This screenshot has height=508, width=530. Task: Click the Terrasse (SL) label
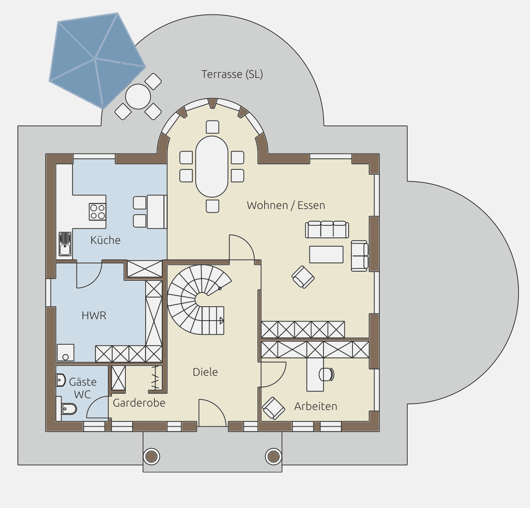tap(232, 74)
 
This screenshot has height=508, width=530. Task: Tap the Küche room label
tap(105, 240)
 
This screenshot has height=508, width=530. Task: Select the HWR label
tap(94, 315)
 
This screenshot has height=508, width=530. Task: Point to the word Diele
tap(205, 372)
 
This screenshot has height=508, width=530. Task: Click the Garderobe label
tap(139, 403)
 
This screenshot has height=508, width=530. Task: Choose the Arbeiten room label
tap(316, 406)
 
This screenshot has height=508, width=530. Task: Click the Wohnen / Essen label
tap(286, 205)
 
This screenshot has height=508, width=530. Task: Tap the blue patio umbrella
tap(97, 60)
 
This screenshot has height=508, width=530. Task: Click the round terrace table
tap(138, 97)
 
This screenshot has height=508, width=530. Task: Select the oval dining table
tap(212, 167)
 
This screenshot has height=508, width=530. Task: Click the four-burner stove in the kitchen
tap(97, 212)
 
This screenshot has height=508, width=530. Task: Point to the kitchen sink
tap(65, 244)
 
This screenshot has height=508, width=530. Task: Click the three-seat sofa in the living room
tap(327, 229)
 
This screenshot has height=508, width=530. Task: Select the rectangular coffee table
tap(326, 255)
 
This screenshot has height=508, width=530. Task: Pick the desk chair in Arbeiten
tap(326, 374)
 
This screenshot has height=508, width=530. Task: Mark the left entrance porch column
tap(151, 457)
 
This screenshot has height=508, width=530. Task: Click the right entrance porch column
tap(274, 457)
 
